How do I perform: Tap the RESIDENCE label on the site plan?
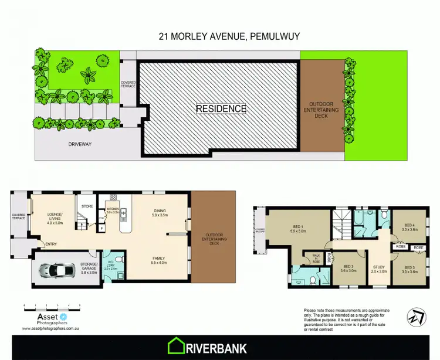click(x=221, y=108)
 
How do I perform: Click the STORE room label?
click(x=87, y=206)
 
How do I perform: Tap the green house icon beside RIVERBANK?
click(x=177, y=347)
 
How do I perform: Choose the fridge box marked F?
click(x=103, y=227)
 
